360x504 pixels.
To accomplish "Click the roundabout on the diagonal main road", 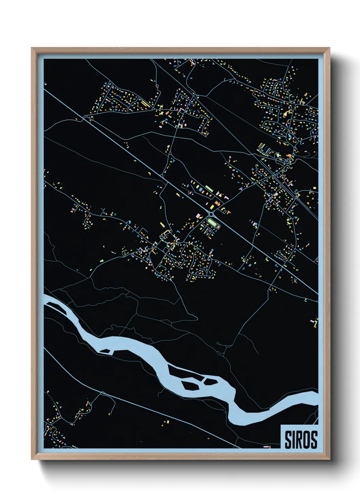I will pos(211,214).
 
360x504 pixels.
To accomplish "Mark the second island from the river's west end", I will pos(105,351).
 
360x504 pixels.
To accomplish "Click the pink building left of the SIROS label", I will pos(266,446).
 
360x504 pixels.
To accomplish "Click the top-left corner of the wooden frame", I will pos(32,48).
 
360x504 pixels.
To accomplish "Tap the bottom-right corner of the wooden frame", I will pos(330,460).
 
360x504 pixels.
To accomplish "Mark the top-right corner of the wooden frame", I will pos(330,48).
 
